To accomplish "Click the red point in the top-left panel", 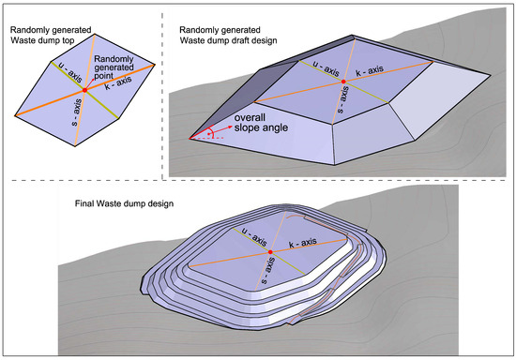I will click(84, 89).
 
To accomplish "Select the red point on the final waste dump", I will click(270, 253).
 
